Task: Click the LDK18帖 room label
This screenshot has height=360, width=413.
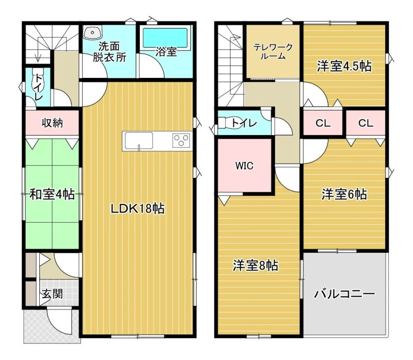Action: [138, 209]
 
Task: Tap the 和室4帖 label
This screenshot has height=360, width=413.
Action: [52, 194]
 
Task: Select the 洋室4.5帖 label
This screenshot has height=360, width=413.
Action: [344, 66]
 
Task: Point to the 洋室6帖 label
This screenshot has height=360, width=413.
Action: [344, 194]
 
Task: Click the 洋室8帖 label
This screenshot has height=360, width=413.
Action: [255, 266]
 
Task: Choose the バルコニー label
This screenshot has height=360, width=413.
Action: [344, 293]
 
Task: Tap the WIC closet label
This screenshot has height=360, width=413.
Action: [244, 166]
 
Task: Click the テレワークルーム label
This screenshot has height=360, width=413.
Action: [273, 52]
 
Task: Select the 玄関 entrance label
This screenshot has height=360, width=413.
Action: [53, 293]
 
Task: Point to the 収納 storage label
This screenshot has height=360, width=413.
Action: [53, 123]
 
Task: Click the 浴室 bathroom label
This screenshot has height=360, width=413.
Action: [166, 52]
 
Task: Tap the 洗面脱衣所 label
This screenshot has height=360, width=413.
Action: [109, 52]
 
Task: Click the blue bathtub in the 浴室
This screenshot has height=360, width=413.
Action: [165, 38]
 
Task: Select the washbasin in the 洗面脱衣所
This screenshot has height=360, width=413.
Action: [93, 32]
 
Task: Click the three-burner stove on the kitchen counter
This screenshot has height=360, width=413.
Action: [181, 140]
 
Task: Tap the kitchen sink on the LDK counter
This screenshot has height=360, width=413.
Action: [139, 141]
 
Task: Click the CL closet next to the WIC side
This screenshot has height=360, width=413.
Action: [323, 123]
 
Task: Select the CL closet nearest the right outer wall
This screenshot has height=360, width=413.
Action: [366, 123]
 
